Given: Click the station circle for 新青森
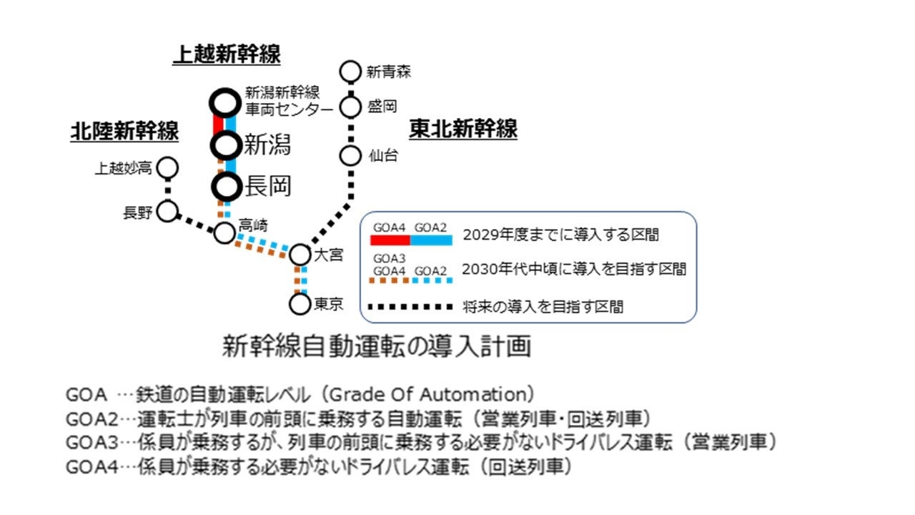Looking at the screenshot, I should click(x=350, y=72).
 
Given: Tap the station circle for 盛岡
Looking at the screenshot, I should click(x=350, y=107).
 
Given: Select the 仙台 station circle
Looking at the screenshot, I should click(x=350, y=155).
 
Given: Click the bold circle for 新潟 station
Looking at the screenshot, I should click(x=225, y=145).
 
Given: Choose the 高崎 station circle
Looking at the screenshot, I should click(x=224, y=232).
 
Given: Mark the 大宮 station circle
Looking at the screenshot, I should click(x=300, y=255).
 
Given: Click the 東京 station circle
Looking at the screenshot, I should click(x=300, y=304).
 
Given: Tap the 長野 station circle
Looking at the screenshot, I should click(x=168, y=212).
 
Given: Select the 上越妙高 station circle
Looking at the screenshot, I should click(x=168, y=168).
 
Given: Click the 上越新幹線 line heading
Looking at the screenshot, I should click(x=227, y=55).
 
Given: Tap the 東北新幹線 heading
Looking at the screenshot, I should click(x=463, y=129).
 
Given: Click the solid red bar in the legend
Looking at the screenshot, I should click(x=390, y=240).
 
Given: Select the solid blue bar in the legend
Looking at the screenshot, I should click(x=431, y=240).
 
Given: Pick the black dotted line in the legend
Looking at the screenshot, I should click(x=410, y=308).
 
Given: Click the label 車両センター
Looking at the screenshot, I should click(x=289, y=109).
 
